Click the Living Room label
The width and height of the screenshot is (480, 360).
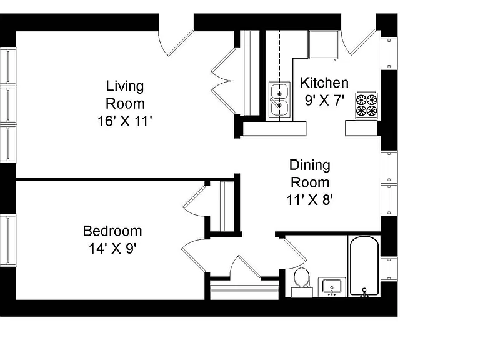coord(125,94)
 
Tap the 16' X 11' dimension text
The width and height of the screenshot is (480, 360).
coord(125,121)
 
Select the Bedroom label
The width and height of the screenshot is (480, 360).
coord(112,231)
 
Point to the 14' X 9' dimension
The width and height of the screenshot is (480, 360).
coord(112,249)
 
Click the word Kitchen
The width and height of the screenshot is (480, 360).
coord(324,82)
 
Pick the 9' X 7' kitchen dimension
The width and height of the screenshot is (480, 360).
coord(324,100)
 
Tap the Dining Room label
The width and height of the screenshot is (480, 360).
coord(310,174)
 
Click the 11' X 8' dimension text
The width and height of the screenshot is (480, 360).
coord(310,200)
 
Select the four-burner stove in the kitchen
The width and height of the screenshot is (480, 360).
coord(366,105)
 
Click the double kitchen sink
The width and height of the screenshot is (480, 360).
coord(279,99)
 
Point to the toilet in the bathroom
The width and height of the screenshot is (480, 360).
coord(302,282)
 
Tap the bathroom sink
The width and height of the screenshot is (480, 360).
coord(332,287)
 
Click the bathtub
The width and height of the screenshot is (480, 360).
coord(364,266)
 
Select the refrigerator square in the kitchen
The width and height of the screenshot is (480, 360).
coord(324,45)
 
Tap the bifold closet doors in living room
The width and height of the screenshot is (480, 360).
coord(223,81)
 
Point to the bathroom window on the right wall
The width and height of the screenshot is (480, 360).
coord(389,269)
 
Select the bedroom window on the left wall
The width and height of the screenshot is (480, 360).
coord(8,240)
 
